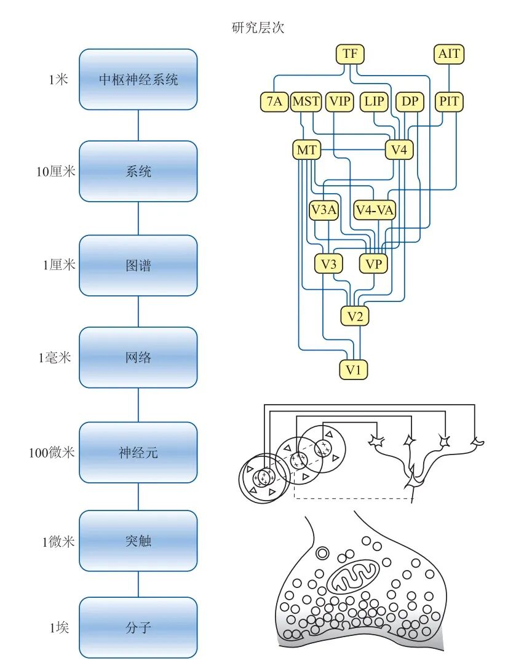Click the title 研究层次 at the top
(258, 28)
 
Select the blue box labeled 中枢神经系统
(138, 79)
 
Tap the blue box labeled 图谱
(138, 265)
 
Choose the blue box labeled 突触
(138, 541)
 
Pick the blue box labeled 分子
(138, 628)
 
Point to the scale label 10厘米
(55, 172)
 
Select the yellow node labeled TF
(350, 54)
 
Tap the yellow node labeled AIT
(449, 54)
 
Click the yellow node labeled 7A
(274, 101)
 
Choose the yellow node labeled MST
(306, 101)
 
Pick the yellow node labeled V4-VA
(375, 210)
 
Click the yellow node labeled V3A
(324, 210)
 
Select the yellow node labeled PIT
(449, 101)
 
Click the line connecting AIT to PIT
(449, 77)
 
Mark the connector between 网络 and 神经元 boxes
(138, 405)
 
